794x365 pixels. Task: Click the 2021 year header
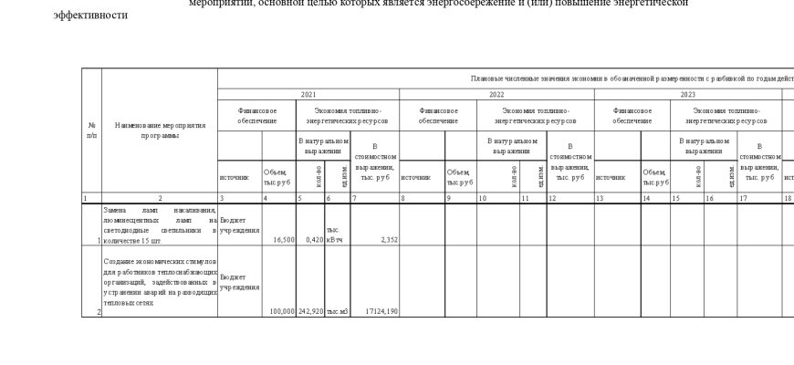308,94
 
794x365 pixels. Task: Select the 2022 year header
496,94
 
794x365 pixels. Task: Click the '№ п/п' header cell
91,130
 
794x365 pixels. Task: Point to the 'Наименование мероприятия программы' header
160,130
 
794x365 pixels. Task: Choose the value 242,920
311,311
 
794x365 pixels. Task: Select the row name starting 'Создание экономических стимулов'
160,281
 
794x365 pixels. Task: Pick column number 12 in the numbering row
548,197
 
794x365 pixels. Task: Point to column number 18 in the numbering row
786,197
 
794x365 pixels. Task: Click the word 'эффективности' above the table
90,16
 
